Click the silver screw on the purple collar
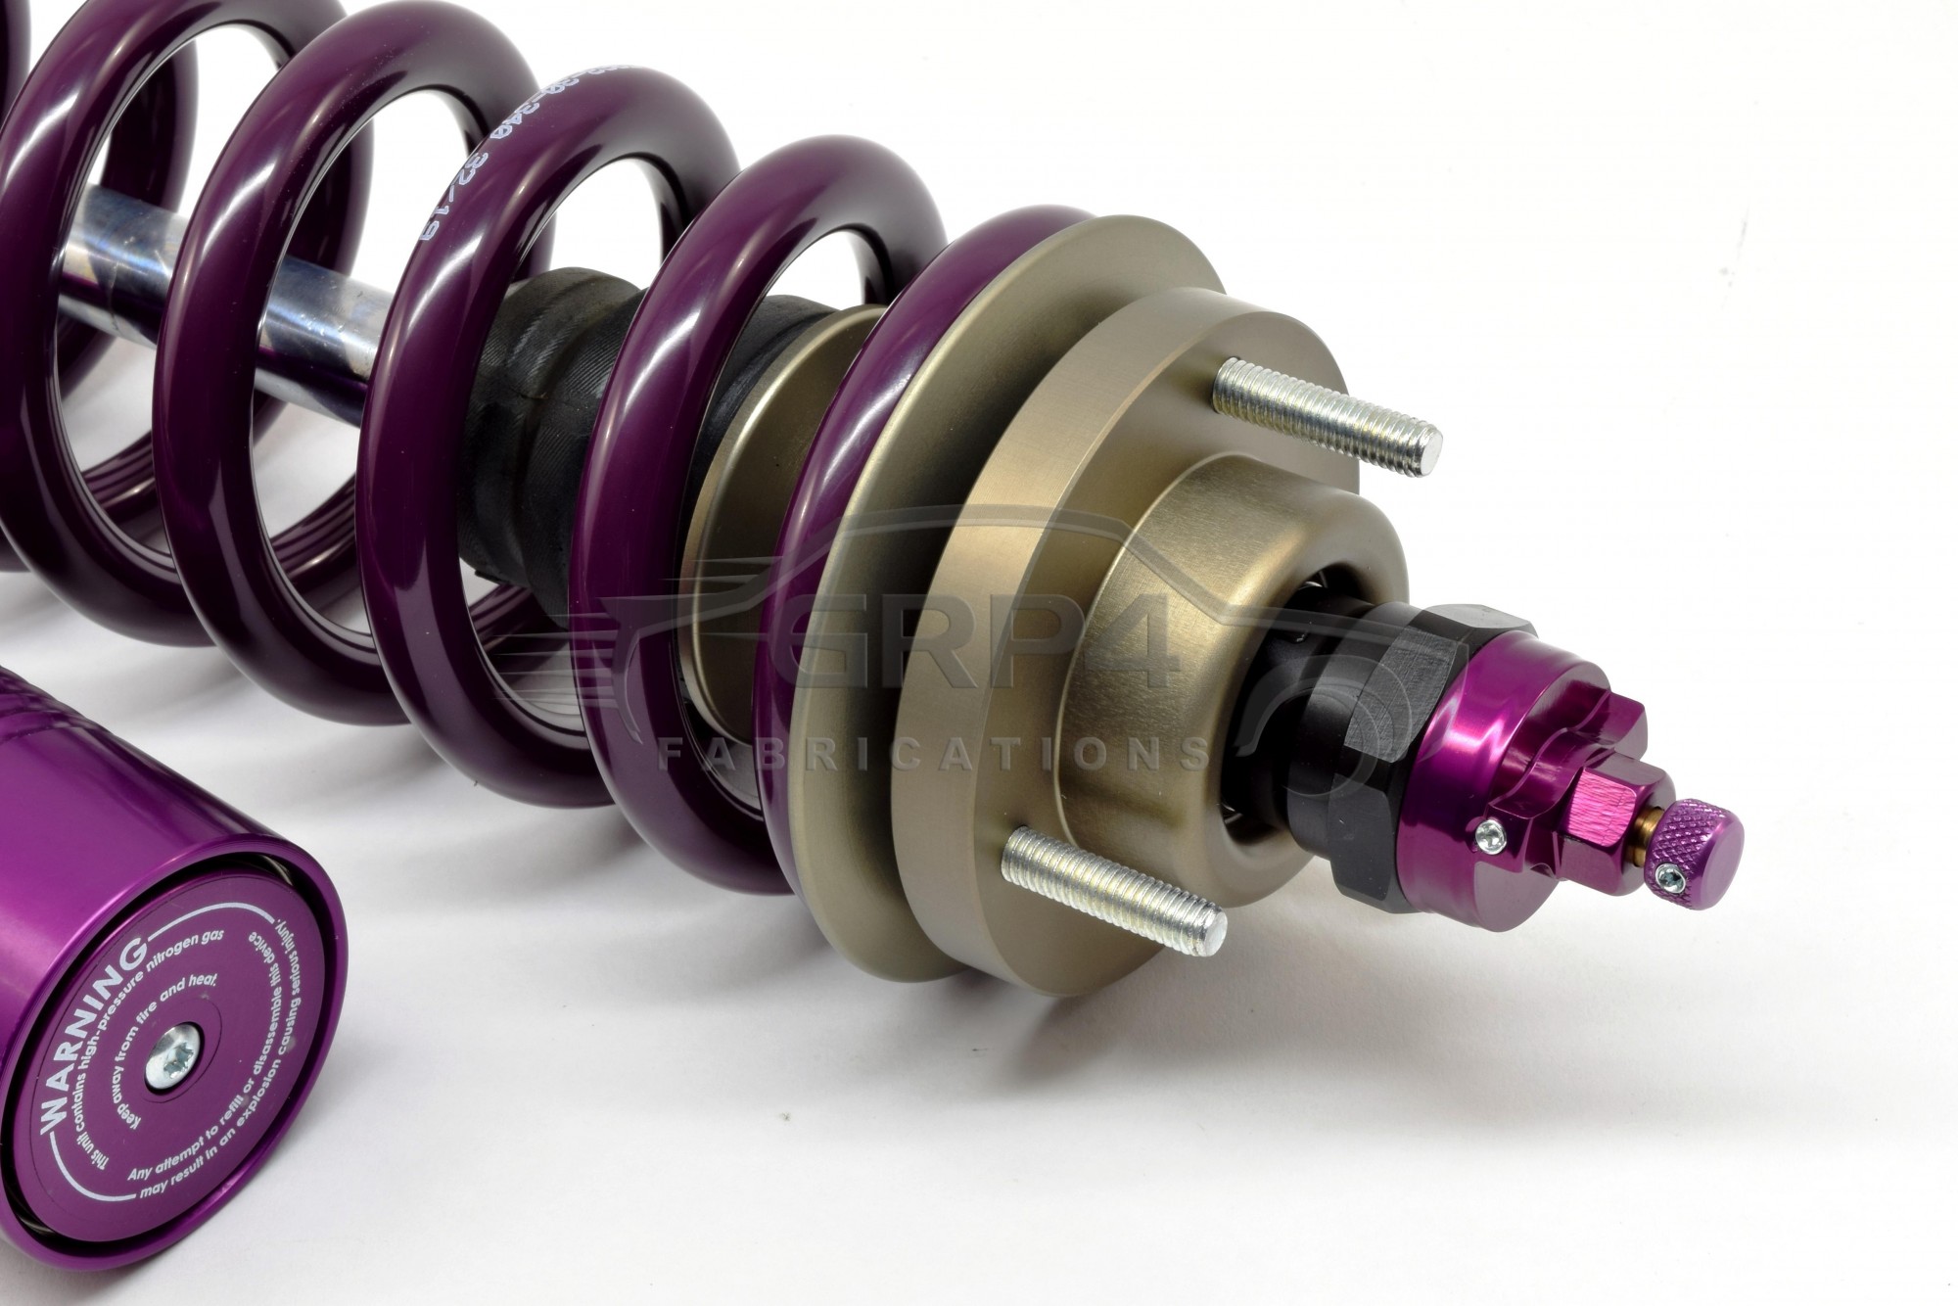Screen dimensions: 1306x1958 point(1490,833)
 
